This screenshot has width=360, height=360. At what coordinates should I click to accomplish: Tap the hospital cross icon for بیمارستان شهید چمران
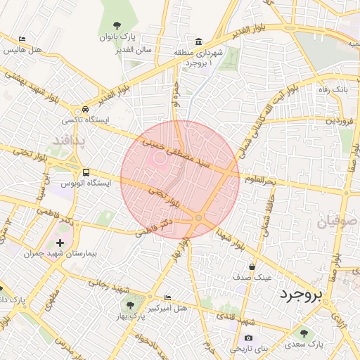pyautogui.click(x=60, y=243)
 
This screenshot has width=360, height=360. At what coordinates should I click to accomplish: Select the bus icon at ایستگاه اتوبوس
pyautogui.click(x=86, y=172)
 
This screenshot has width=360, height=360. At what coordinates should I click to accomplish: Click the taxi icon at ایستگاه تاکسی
pyautogui.click(x=84, y=110)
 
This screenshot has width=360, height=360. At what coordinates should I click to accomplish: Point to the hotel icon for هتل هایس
pyautogui.click(x=22, y=39)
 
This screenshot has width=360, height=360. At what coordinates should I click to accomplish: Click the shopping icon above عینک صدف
pyautogui.click(x=252, y=266)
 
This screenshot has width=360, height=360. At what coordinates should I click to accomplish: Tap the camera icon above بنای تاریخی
pyautogui.click(x=248, y=338)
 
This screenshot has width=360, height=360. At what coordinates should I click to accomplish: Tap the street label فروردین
pyautogui.click(x=340, y=121)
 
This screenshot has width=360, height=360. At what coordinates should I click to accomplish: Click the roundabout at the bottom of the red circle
pyautogui.click(x=199, y=219)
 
